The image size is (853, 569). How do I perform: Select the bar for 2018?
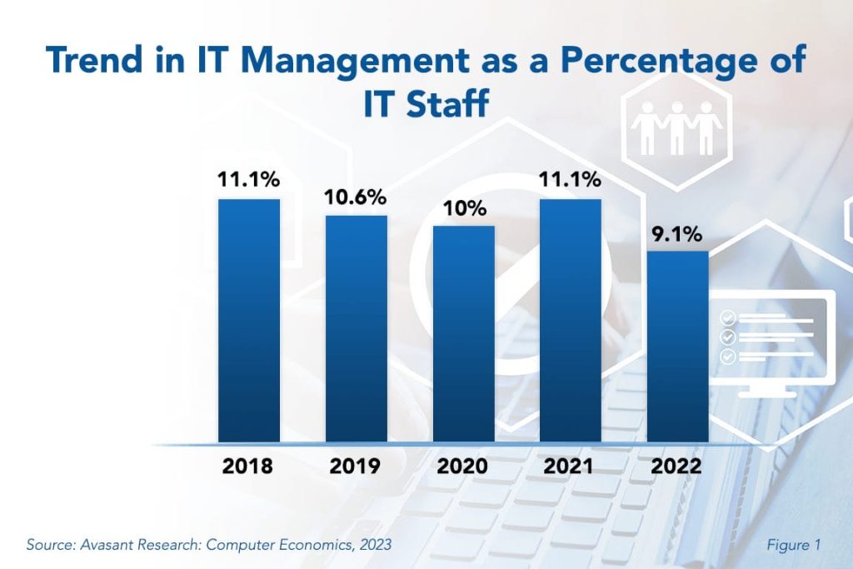pos(249,321)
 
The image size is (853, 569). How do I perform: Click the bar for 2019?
pos(356,329)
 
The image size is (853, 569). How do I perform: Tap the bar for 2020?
pos(464,333)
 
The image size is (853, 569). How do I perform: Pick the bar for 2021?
pos(571,321)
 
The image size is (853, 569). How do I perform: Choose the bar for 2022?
pos(678,347)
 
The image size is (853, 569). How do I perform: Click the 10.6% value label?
pos(356,197)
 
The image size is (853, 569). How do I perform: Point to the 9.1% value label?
pos(678,234)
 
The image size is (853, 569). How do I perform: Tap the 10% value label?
pos(464,208)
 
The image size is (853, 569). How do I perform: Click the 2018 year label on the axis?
pos(247,466)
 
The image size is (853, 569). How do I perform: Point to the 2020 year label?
pos(463,466)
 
